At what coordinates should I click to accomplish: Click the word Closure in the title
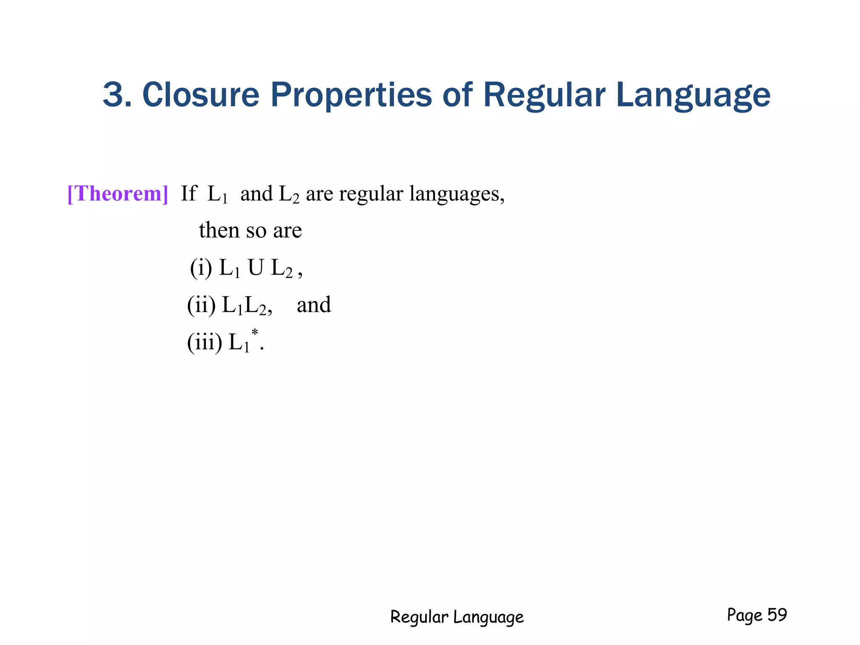pyautogui.click(x=201, y=94)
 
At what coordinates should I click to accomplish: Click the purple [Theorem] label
pyautogui.click(x=118, y=194)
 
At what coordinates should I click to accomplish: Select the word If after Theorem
pyautogui.click(x=188, y=194)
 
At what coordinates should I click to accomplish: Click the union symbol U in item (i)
pyautogui.click(x=256, y=267)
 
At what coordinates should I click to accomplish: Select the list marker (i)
pyautogui.click(x=201, y=267)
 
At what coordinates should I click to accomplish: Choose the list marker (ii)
pyautogui.click(x=201, y=305)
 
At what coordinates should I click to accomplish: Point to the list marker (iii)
pyautogui.click(x=205, y=342)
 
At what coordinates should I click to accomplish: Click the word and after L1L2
pyautogui.click(x=314, y=305)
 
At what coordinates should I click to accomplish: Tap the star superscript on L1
pyautogui.click(x=254, y=333)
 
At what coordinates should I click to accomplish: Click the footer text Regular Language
pyautogui.click(x=457, y=617)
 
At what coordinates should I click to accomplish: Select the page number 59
pyautogui.click(x=777, y=615)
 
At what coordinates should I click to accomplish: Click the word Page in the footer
pyautogui.click(x=745, y=615)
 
